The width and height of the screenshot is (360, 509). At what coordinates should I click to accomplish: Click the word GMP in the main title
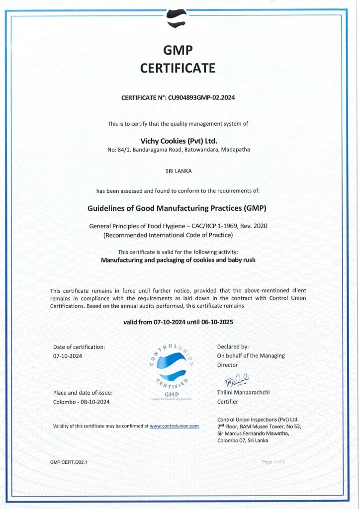pyautogui.click(x=178, y=50)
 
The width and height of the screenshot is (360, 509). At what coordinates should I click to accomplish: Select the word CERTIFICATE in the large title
pyautogui.click(x=178, y=68)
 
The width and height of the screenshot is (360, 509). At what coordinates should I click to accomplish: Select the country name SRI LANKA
pyautogui.click(x=178, y=170)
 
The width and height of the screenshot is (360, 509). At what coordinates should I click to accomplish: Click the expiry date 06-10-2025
pyautogui.click(x=217, y=322)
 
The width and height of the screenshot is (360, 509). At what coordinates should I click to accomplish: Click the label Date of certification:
pyautogui.click(x=79, y=346)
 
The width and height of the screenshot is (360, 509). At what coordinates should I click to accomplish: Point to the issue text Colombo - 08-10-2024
pyautogui.click(x=81, y=402)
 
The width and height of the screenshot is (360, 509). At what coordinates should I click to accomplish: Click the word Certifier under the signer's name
pyautogui.click(x=228, y=402)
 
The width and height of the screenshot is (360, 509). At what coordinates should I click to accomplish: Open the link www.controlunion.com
pyautogui.click(x=174, y=426)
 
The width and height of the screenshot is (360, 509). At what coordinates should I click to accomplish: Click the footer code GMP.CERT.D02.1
pyautogui.click(x=68, y=462)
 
